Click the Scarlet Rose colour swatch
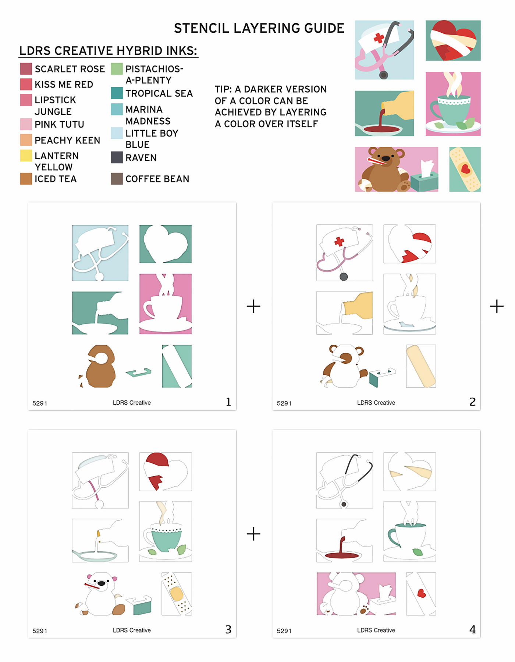tap(26, 69)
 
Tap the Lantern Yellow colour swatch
tap(26, 156)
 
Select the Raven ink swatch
tap(117, 157)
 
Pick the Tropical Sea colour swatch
tap(117, 93)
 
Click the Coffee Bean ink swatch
tap(117, 179)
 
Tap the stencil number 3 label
tap(228, 629)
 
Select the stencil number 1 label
tap(228, 402)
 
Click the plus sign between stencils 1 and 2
tap(253, 306)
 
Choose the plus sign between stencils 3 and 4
tap(253, 534)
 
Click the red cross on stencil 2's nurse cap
tap(339, 241)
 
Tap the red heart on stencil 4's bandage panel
tap(422, 593)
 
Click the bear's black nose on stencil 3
tap(101, 583)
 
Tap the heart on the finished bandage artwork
tap(466, 169)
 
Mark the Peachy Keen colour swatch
tap(26, 140)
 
